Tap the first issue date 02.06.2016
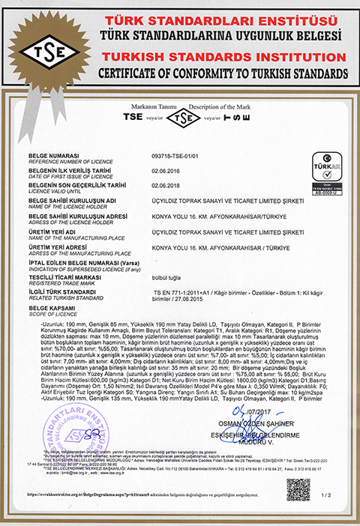[x=164, y=170]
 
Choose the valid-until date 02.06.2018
[x=164, y=185]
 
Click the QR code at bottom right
[x=298, y=489]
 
